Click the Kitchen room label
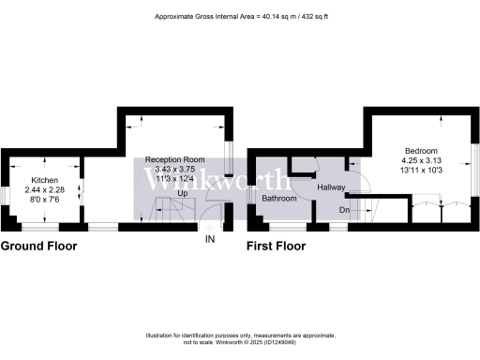[x=44, y=179]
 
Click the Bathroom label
[x=279, y=199]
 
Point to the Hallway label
[x=331, y=188]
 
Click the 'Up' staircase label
[x=182, y=193]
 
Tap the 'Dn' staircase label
[x=344, y=211]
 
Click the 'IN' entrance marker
[x=211, y=239]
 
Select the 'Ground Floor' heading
[x=38, y=247]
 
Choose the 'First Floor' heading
[x=277, y=247]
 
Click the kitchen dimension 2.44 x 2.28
[x=44, y=189]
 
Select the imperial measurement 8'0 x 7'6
[x=44, y=199]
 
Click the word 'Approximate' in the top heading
[x=173, y=16]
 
